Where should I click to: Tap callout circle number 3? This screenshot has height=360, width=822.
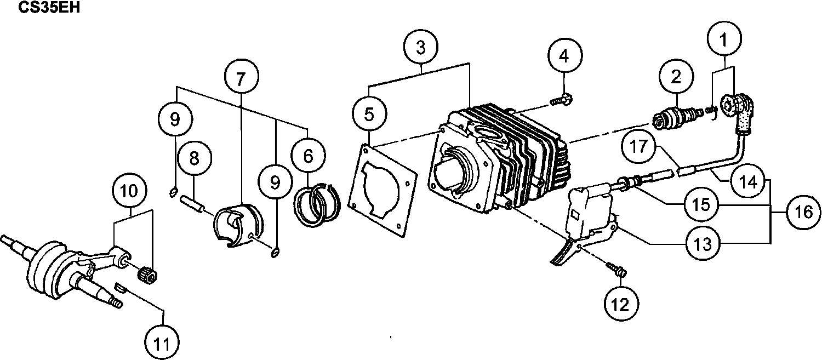[420, 47]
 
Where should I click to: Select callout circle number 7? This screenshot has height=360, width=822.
[241, 77]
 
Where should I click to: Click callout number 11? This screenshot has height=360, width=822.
[163, 344]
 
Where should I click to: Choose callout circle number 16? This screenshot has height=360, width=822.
[803, 212]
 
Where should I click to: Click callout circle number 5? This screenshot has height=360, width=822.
[369, 114]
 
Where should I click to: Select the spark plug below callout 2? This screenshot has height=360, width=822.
[677, 116]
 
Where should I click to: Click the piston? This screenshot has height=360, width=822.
[237, 225]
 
